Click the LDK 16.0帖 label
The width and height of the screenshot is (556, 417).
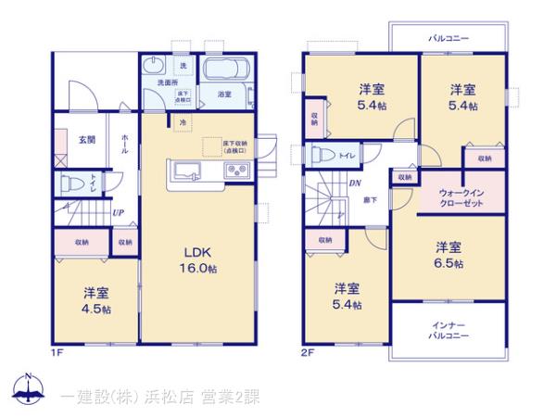point(198,260)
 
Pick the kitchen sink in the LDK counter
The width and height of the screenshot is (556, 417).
point(183,170)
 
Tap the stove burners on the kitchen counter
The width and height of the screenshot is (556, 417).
point(234,170)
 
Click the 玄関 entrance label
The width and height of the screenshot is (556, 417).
point(86,140)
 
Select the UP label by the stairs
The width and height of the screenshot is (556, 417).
point(119,213)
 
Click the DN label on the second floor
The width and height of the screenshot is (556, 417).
point(355,183)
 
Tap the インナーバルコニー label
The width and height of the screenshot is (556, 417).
point(448,331)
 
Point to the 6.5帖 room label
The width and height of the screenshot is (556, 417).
point(450,255)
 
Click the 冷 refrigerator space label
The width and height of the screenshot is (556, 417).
point(183,122)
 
